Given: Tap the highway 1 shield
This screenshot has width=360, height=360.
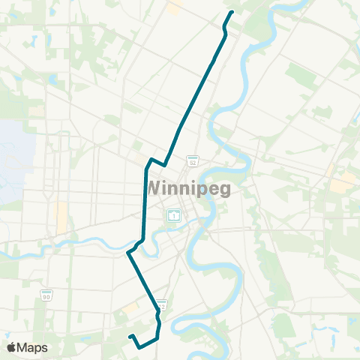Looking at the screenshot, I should click(x=174, y=215).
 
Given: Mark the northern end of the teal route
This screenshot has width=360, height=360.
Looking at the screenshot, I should click(x=232, y=12).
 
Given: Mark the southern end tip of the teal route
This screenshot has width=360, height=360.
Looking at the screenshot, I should click(x=130, y=336).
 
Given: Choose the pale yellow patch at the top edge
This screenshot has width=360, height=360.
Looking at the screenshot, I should click(x=175, y=7).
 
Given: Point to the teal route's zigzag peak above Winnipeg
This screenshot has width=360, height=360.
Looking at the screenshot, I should click(x=152, y=159).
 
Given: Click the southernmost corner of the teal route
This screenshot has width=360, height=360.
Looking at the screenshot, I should click(x=139, y=346).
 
